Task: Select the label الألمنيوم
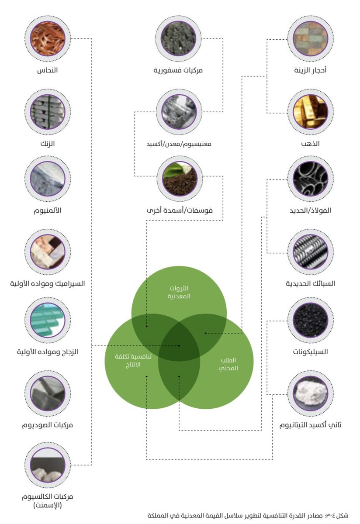point(48,211)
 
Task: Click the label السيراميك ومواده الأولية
point(48,283)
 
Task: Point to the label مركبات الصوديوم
point(48,424)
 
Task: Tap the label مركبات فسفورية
point(179,70)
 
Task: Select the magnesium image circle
point(179,111)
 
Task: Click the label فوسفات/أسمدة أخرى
point(179,210)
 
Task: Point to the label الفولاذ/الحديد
point(311,210)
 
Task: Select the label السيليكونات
point(311,352)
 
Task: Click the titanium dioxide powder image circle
point(311,393)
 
